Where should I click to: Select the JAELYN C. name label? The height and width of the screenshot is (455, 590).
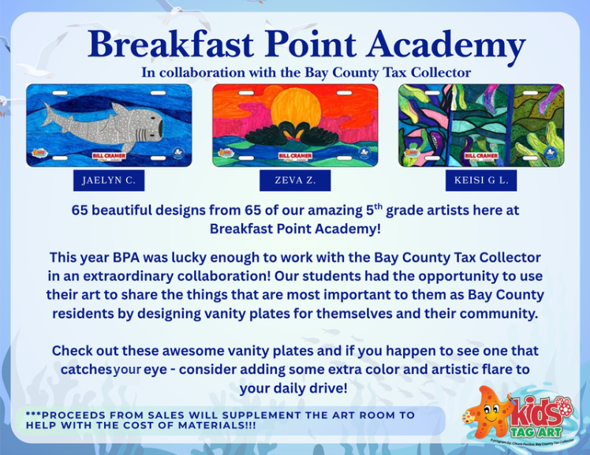tap(109, 181)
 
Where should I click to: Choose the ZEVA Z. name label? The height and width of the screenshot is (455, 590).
tap(295, 181)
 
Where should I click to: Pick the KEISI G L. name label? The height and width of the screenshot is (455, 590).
tap(481, 181)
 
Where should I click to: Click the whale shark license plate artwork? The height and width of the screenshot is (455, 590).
tap(109, 125)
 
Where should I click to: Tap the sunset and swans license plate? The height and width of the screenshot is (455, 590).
tap(295, 125)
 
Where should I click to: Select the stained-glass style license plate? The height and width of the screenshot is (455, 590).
tap(481, 125)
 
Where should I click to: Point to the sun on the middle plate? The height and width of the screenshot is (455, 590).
tap(296, 106)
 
